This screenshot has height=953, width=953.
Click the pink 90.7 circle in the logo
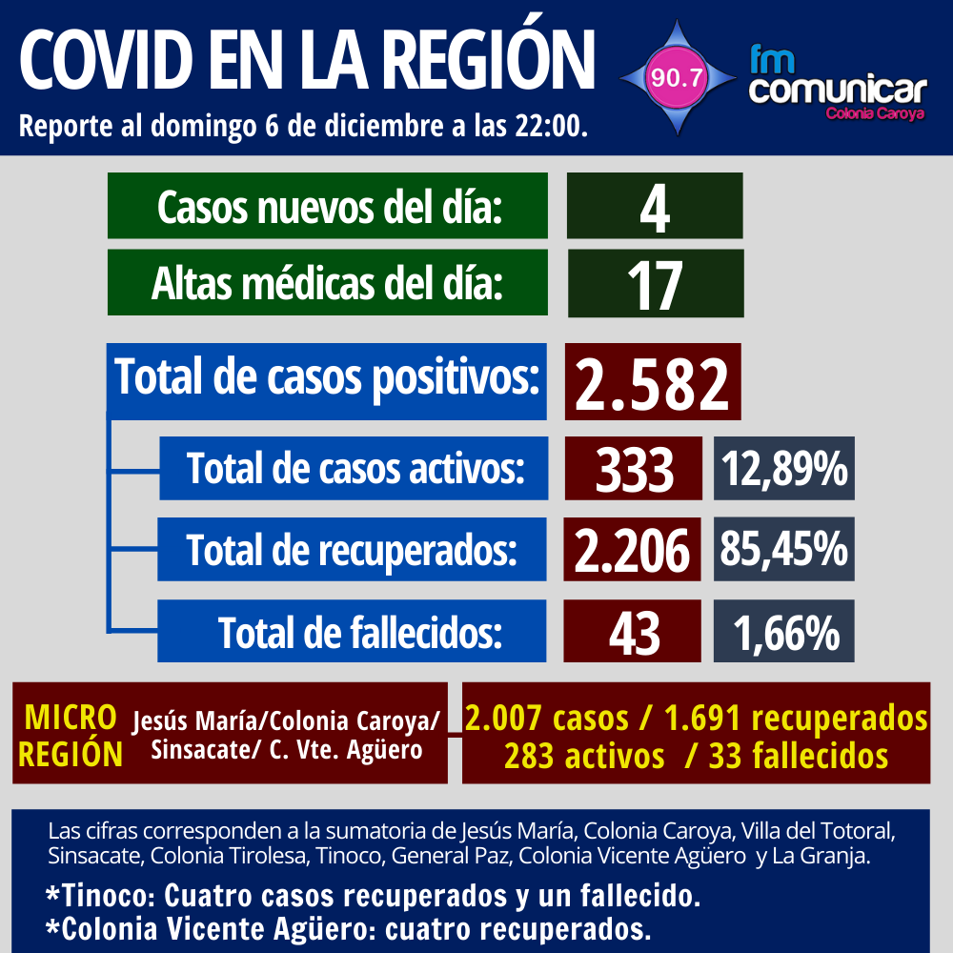[676, 78]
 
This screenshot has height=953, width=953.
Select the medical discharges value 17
[655, 283]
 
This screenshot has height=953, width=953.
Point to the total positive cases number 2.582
[655, 382]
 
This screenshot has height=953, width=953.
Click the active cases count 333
[634, 469]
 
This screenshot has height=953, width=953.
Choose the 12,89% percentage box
[783, 469]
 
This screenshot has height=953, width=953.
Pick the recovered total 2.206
[633, 550]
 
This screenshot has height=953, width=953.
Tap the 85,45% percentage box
[783, 549]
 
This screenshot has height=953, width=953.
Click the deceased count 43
[634, 631]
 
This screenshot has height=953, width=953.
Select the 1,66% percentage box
[783, 631]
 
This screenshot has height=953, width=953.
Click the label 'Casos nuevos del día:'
[329, 206]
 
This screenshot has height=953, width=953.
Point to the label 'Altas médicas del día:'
[327, 283]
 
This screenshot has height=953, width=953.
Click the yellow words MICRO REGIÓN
[71, 735]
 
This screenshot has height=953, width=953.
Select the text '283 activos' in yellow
[584, 757]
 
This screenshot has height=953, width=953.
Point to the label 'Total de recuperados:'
[352, 550]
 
